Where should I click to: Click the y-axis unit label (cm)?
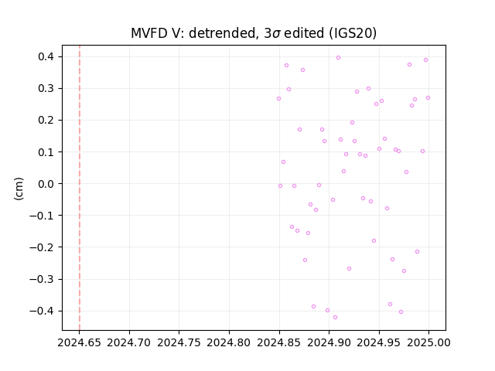tap(19, 189)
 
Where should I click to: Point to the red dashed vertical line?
tap(80, 188)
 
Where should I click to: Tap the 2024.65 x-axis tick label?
tap(79, 342)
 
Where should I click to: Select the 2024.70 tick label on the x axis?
tap(129, 342)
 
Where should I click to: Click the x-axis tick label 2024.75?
tap(179, 342)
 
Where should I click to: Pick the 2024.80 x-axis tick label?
tap(229, 342)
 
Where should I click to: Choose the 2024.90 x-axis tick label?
tap(329, 342)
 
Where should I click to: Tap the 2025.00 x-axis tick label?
tap(428, 342)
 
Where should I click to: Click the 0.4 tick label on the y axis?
tap(46, 56)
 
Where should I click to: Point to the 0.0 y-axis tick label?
tap(46, 184)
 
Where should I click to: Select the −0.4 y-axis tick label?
tap(42, 311)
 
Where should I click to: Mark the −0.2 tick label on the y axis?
tap(42, 247)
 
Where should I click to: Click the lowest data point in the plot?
tap(335, 317)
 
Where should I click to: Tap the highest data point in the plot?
tap(339, 57)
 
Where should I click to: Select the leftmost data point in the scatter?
tap(278, 98)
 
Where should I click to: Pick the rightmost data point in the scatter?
tap(428, 98)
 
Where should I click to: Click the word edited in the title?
tap(304, 33)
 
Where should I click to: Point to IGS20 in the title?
tap(353, 33)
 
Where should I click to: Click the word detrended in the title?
tap(222, 33)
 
